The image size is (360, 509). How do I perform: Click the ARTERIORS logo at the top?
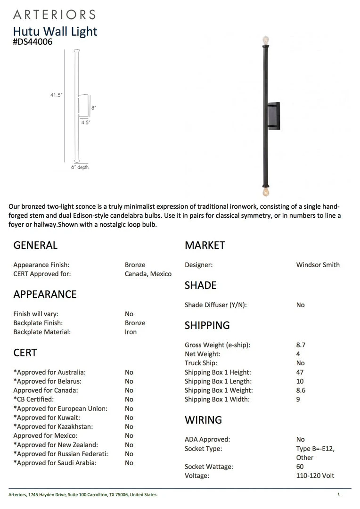[x=54, y=14]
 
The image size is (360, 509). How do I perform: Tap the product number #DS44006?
[x=33, y=42]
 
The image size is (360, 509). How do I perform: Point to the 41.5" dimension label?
[x=57, y=95]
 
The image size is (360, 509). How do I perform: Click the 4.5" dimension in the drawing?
[x=85, y=123]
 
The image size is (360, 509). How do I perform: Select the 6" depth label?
[x=80, y=167]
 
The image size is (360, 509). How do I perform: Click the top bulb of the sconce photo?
[x=266, y=40]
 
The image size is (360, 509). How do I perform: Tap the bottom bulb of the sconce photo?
[x=266, y=192]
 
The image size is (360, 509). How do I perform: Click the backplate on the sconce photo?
[x=273, y=116]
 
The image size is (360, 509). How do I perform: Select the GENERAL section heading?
[x=35, y=245]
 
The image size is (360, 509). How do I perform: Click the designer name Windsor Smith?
[x=318, y=265]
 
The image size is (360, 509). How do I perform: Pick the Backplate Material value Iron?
[x=131, y=332]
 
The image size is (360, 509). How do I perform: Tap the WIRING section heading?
[x=203, y=419]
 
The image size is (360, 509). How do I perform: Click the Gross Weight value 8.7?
[x=301, y=345]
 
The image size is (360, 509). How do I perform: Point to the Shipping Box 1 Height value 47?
[x=300, y=372]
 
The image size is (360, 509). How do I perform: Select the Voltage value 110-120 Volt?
[x=315, y=476]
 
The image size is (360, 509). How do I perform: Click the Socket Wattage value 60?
[x=300, y=467]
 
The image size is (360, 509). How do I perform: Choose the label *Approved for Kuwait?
[x=47, y=418]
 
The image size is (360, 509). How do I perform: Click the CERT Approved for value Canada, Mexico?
[x=148, y=274]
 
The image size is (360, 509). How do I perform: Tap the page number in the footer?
[x=338, y=494]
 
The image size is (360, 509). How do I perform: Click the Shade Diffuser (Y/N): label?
[x=215, y=305]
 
